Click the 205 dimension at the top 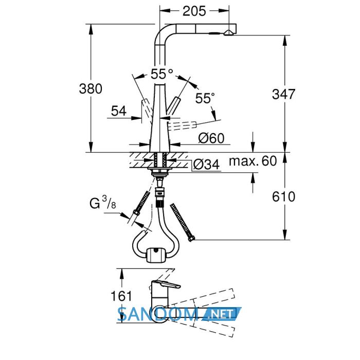pos(194,11)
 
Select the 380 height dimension pos(91,88)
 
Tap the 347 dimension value pos(283,94)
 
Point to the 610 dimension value pos(283,197)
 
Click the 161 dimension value pos(121,296)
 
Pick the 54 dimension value pos(119,111)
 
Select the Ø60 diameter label pos(211,138)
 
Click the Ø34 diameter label pos(206,164)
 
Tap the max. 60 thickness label pos(253,161)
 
